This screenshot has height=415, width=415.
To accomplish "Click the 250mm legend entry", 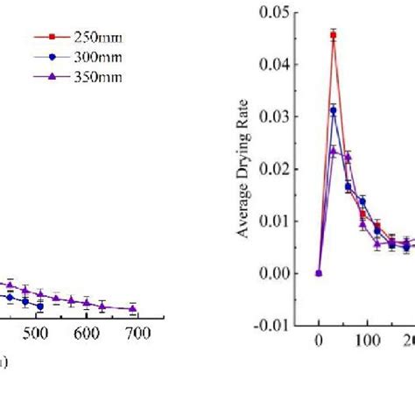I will coord(92,38).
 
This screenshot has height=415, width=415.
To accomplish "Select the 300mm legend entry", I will coord(92,57).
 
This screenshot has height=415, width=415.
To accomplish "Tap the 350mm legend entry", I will coord(92,76).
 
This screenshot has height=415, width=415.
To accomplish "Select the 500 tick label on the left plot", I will coord(34,334).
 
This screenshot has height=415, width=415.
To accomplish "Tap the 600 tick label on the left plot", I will coord(86,334).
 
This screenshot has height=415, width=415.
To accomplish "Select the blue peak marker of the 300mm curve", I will coord(334,109).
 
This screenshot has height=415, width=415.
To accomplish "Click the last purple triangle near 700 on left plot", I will coord(133,308).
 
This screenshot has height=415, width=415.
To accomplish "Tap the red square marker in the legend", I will coord(51,38).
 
